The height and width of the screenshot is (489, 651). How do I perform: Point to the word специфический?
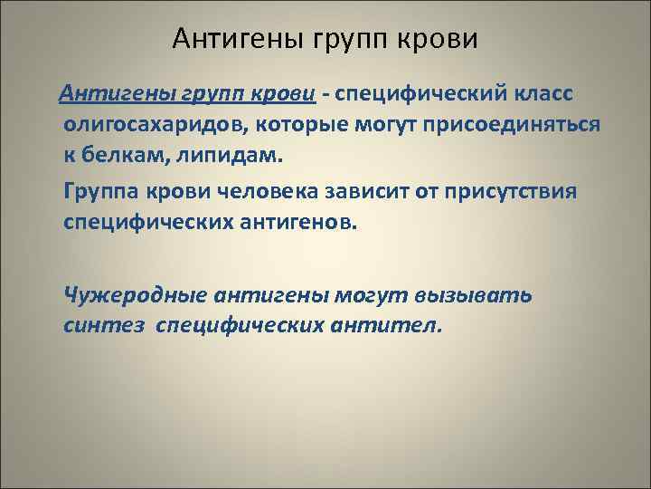[422, 95]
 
